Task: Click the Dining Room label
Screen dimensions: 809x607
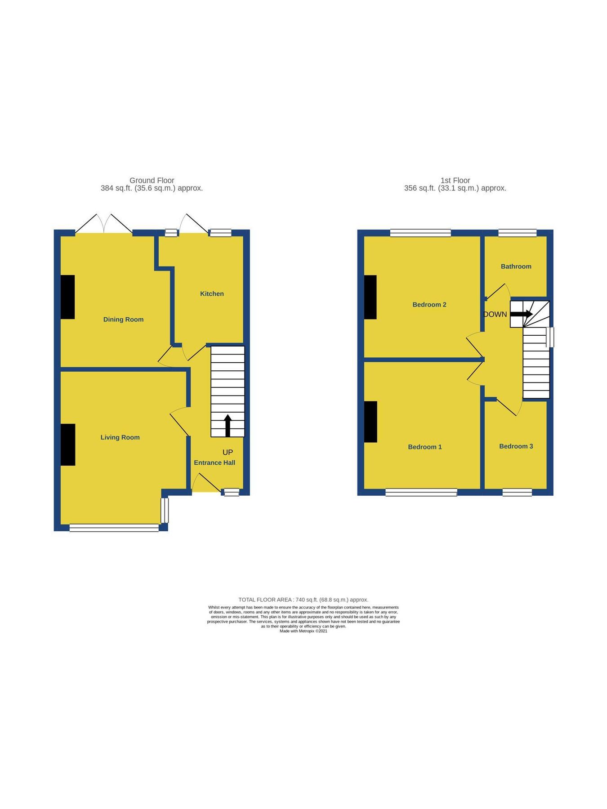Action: pos(123,320)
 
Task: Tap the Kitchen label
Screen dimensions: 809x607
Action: pos(212,294)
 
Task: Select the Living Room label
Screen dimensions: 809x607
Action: pos(120,437)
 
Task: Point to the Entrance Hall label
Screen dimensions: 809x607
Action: pos(214,462)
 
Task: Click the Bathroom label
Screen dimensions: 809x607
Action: pos(516,267)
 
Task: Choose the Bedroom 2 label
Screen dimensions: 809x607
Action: pos(429,305)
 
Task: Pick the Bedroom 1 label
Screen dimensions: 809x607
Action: pos(425,447)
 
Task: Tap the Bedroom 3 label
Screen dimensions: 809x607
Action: pos(516,446)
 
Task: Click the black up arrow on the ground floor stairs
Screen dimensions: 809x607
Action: pos(228,425)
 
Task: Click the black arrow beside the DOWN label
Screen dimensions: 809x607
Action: pos(521,314)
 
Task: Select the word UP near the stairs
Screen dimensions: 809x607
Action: pos(228,452)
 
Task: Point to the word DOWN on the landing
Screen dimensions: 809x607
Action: pos(495,314)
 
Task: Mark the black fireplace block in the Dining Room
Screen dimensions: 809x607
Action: pos(68,297)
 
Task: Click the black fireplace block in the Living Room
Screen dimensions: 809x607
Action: pos(68,445)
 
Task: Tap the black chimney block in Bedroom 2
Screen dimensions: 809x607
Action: pos(370,297)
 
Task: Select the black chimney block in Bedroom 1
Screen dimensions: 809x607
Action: pos(370,422)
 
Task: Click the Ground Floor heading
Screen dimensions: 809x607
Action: pos(152,180)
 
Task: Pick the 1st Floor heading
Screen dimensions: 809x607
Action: pos(455,180)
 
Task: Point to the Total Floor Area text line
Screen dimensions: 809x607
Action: pos(303,600)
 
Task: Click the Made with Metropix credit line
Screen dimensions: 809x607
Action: pos(303,631)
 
